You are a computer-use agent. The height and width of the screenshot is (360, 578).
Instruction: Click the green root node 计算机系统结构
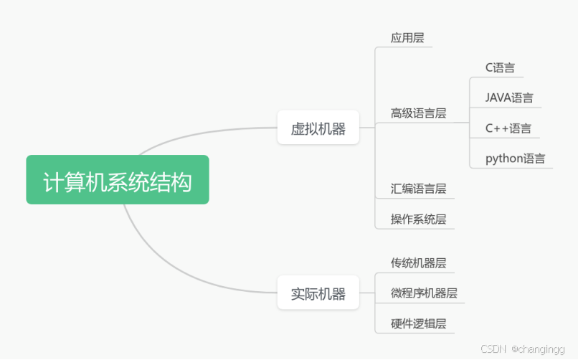point(118,180)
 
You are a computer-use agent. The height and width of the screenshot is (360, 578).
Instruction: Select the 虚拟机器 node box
point(318,129)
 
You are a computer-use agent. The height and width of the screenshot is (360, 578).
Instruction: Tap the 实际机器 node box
point(318,293)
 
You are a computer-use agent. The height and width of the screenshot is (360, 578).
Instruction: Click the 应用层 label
point(407,38)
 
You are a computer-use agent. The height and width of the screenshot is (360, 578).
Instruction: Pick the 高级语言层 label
point(418,113)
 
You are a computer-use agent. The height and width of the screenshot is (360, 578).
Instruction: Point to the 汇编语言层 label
point(418,189)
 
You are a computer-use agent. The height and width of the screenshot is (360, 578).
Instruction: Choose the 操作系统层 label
point(418,219)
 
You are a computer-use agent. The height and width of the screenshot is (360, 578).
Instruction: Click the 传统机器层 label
point(418,262)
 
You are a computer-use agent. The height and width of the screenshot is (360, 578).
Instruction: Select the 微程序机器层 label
point(424,293)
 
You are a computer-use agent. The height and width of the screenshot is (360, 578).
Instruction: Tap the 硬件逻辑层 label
point(418,323)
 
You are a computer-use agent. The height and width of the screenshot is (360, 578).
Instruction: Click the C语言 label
point(500,68)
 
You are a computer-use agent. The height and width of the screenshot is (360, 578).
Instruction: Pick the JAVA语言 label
point(509,98)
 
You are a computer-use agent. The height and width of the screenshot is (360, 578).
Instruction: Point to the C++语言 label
point(508,128)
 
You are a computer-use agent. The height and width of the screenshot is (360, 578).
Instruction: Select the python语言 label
point(515,158)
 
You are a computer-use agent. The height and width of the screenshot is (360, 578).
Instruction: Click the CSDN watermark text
point(493,349)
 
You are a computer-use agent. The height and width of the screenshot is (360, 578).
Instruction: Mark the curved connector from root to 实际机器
point(179,273)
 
